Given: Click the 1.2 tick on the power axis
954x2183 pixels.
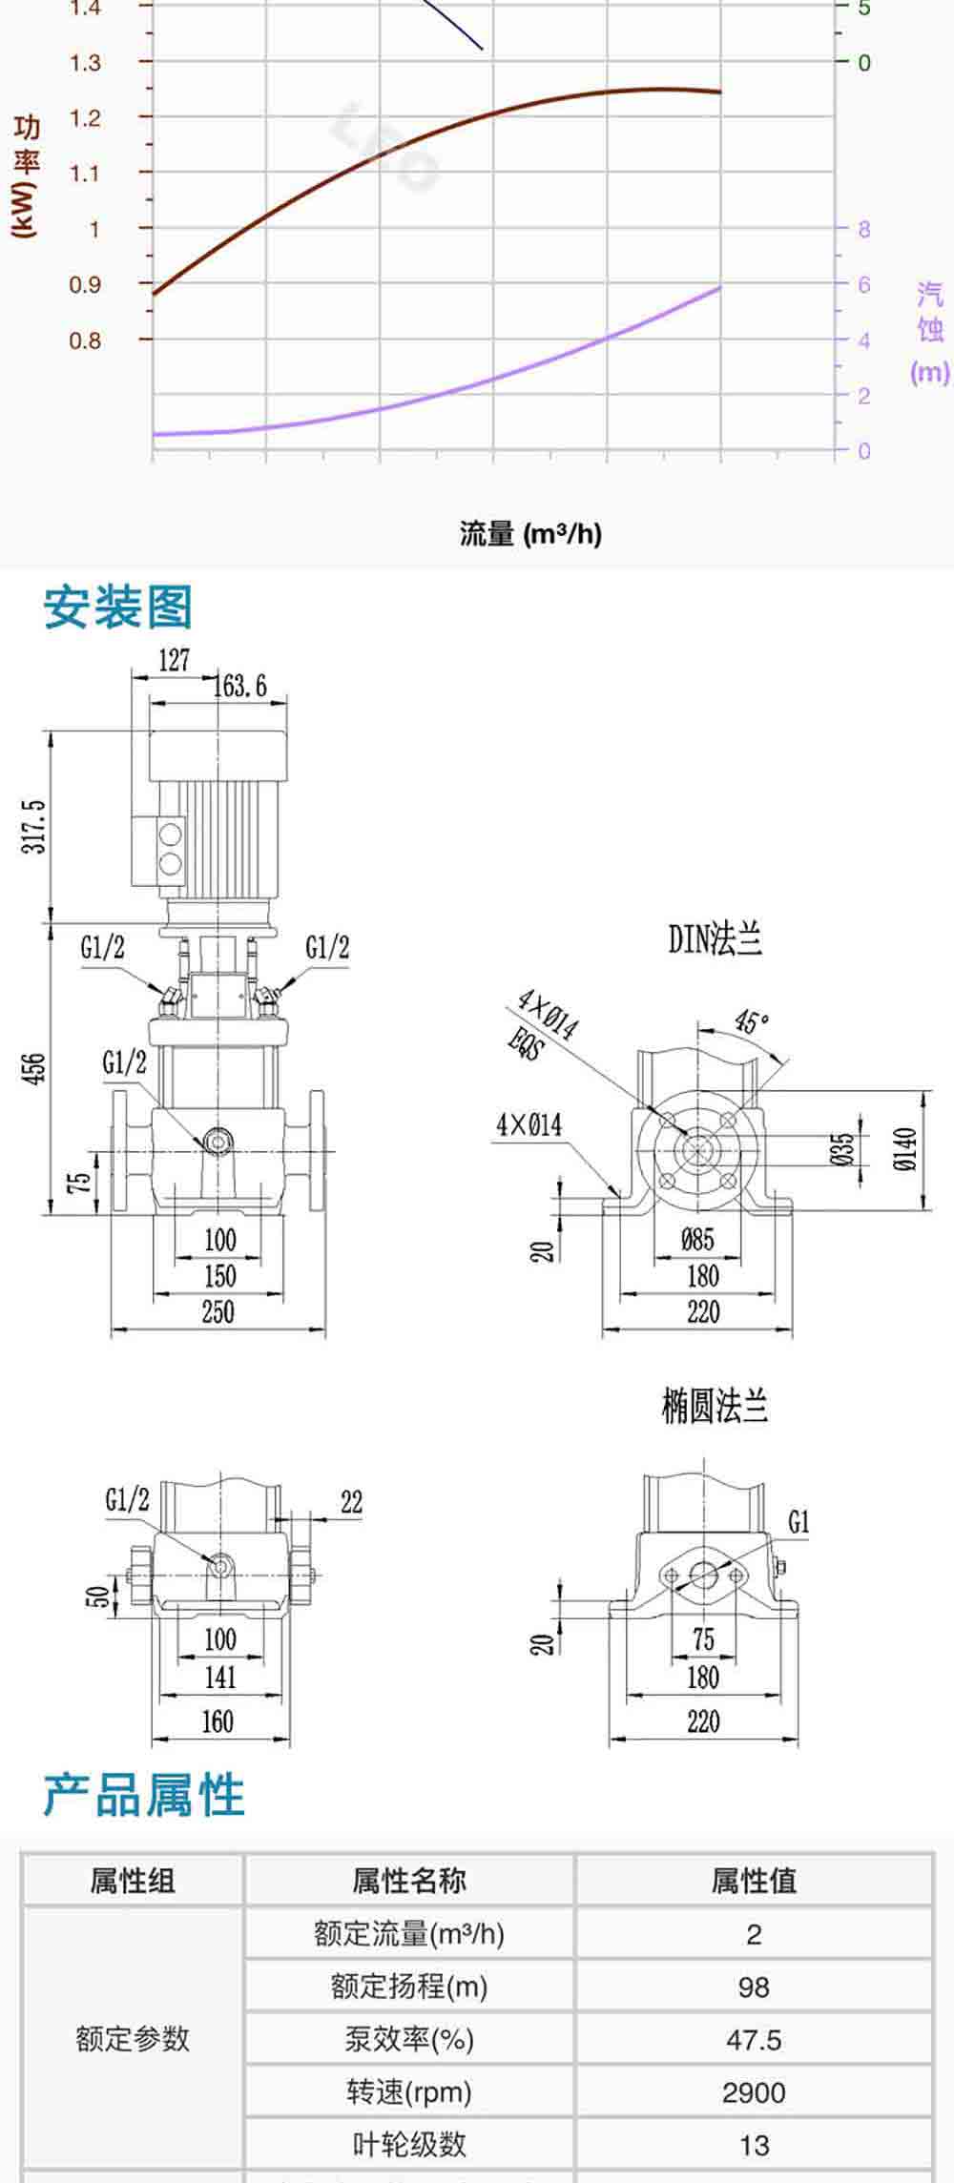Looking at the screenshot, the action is coord(85,118).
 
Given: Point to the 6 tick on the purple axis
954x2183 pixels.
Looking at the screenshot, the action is coord(864,284).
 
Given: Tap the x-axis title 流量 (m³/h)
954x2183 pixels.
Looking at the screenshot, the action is coord(530,533).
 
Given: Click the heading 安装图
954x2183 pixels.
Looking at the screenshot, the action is coord(118,608).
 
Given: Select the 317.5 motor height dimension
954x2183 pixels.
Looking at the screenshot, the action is coord(34,827).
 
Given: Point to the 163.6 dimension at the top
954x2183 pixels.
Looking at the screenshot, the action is coord(239,686).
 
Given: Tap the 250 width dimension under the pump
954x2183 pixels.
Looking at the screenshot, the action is coord(218,1312).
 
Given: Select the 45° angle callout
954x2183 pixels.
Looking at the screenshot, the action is coord(752,1021).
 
